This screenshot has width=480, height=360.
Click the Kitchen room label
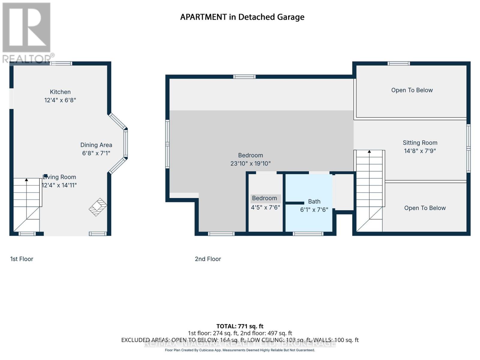pyautogui.click(x=60, y=92)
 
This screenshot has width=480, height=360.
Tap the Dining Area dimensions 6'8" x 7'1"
pyautogui.click(x=96, y=153)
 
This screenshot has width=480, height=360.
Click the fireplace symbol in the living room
pyautogui.click(x=98, y=207)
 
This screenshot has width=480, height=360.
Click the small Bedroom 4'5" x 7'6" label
pyautogui.click(x=265, y=198)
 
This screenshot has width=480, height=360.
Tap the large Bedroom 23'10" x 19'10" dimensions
pyautogui.click(x=250, y=163)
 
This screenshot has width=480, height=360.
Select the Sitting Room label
pyautogui.click(x=420, y=143)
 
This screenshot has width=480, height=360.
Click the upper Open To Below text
pyautogui.click(x=412, y=90)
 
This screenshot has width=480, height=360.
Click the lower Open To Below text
pyautogui.click(x=424, y=208)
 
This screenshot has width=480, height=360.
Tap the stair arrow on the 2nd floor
pyautogui.click(x=369, y=152)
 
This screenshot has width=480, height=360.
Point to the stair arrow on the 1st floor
pyautogui.click(x=26, y=180)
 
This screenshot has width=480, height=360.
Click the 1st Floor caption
pyautogui.click(x=22, y=259)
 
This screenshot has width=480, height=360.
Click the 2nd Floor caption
pyautogui.click(x=208, y=259)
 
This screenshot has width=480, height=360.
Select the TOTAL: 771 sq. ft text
pyautogui.click(x=240, y=326)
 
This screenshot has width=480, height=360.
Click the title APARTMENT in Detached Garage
pyautogui.click(x=242, y=17)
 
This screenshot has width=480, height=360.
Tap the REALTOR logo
pyautogui.click(x=27, y=33)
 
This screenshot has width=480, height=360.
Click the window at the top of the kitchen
pyautogui.click(x=61, y=63)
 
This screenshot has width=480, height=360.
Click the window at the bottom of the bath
pyautogui.click(x=308, y=234)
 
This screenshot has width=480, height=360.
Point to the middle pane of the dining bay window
pyautogui.click(x=126, y=143)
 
